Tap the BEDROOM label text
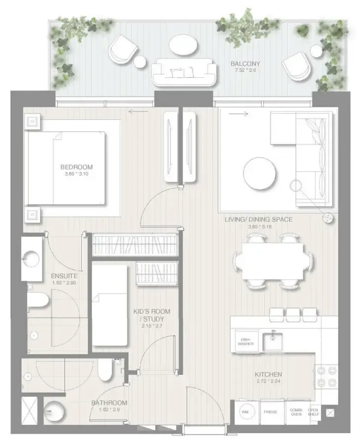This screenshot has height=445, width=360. (76, 167)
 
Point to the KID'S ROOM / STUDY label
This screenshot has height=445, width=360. (152, 315)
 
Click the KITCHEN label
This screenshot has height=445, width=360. (268, 374)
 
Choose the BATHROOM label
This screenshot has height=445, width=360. (109, 403)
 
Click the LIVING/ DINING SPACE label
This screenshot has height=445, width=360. (266, 219)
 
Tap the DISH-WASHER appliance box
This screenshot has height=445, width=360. (244, 342)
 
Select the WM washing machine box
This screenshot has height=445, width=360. (245, 412)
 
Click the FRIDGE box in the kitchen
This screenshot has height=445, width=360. (270, 412)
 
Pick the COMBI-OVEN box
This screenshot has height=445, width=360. (296, 412)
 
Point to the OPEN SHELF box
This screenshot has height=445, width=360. (314, 412)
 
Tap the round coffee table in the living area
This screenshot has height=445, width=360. (260, 173)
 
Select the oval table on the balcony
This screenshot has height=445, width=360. (183, 46)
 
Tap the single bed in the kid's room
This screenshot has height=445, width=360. (110, 305)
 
